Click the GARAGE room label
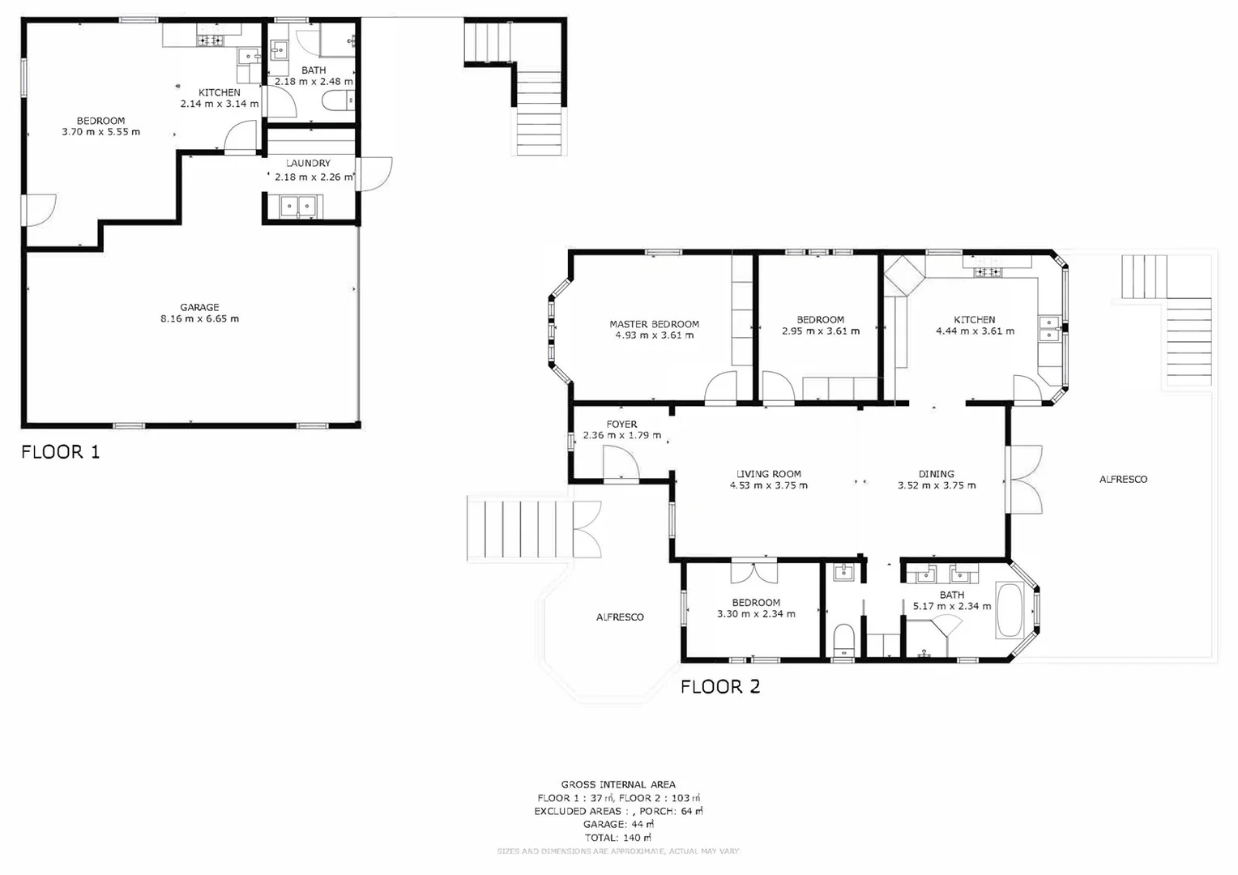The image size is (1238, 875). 199,307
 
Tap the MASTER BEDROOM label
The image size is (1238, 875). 654,324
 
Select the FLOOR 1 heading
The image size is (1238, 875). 61,452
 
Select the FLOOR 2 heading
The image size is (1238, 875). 719,687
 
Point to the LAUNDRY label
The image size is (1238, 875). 308,163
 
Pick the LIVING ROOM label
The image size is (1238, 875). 768,474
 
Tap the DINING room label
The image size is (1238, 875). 936,474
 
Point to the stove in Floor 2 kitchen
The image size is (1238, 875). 988,271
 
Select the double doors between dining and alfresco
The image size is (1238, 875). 1022,480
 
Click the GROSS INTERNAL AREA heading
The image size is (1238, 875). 618,784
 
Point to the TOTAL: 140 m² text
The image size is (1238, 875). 618,837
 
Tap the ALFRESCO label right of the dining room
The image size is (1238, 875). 1123,479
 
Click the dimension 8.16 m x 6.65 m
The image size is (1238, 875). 199,319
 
